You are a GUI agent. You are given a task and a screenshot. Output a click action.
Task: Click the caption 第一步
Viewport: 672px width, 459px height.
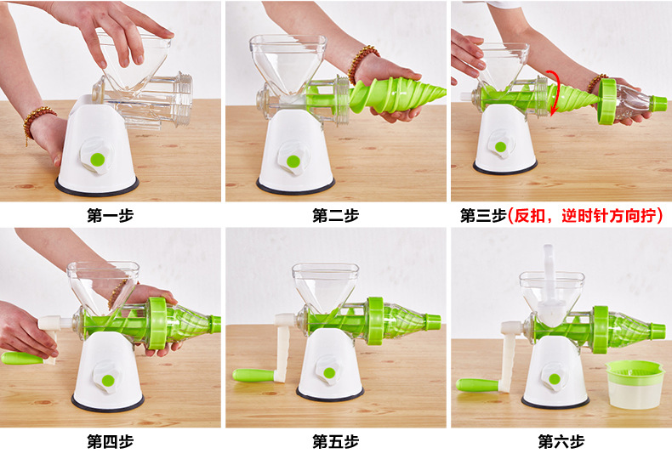tap(110, 215)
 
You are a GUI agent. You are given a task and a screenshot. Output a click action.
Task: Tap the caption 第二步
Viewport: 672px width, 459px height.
tap(335, 215)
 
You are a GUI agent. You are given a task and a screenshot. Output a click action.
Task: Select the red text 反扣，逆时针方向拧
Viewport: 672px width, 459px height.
tap(585, 216)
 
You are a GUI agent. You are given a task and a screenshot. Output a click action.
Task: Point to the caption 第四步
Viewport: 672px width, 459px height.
tap(110, 441)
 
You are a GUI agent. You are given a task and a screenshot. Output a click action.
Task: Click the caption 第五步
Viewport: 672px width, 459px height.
tap(335, 441)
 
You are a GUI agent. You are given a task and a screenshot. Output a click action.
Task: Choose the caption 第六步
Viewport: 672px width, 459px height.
tap(561, 441)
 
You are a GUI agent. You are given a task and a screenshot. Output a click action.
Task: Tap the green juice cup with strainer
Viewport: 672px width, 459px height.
tap(634, 383)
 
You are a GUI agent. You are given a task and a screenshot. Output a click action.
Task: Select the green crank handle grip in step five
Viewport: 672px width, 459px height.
tap(254, 375)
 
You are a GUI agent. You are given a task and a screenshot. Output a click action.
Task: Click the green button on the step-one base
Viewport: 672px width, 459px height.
tap(98, 160)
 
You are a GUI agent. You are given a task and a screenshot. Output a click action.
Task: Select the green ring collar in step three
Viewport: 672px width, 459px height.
tap(607, 100)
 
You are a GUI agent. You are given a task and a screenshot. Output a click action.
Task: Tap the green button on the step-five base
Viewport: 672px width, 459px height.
tap(329, 373)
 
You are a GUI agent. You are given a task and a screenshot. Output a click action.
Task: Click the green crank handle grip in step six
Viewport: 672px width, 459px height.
tap(477, 385)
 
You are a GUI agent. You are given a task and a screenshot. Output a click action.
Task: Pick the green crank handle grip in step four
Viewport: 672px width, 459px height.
tap(22, 358)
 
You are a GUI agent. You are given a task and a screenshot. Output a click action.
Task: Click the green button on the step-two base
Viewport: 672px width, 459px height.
tap(293, 161)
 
